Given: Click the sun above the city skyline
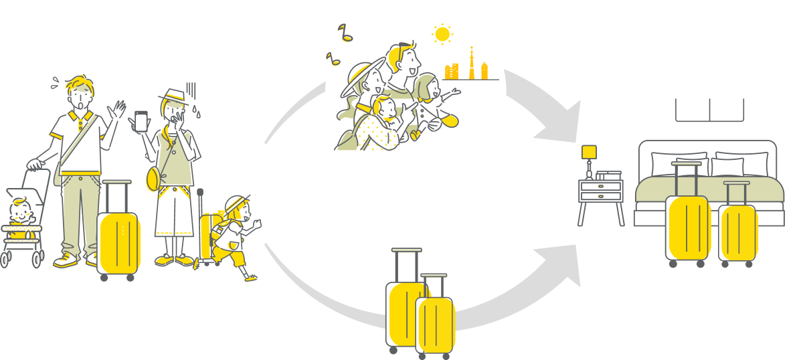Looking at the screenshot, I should pyautogui.click(x=441, y=34).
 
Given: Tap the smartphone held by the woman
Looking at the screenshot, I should pyautogui.click(x=141, y=121).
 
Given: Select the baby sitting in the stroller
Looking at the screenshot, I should pyautogui.click(x=19, y=213).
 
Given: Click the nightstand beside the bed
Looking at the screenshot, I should pyautogui.click(x=601, y=197).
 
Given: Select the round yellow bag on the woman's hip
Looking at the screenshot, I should pyautogui.click(x=153, y=179).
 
